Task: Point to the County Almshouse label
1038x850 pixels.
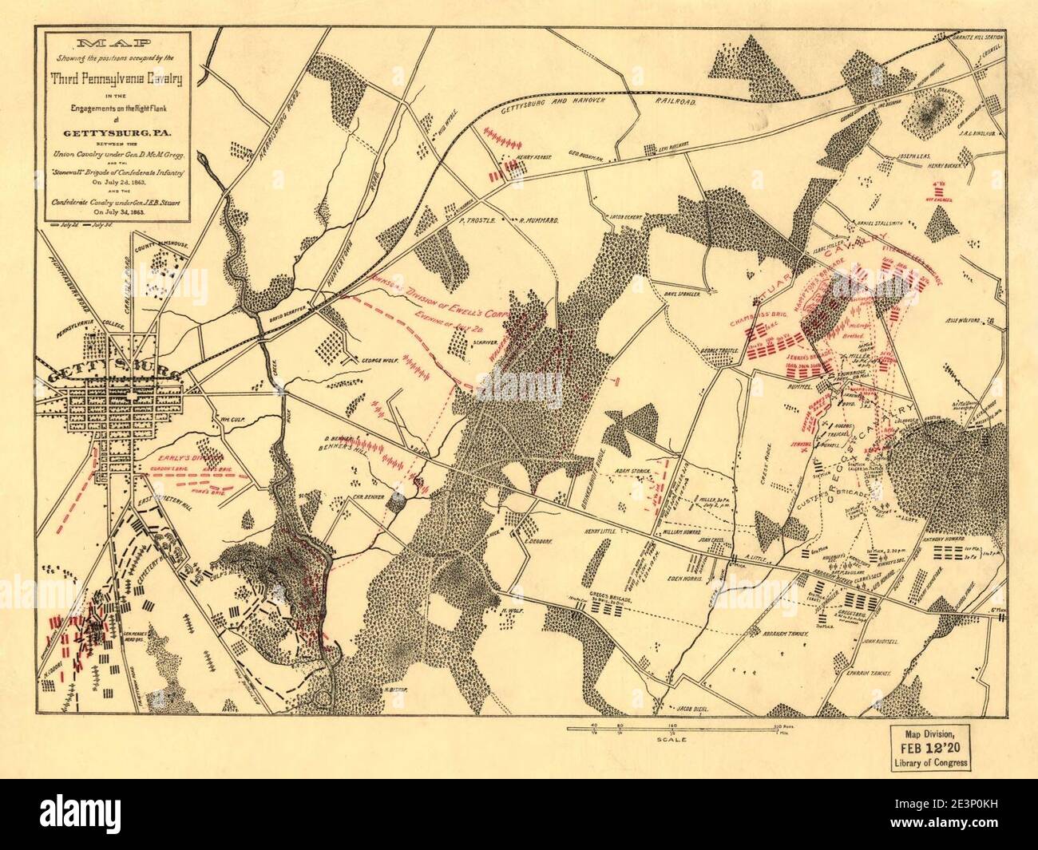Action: click(x=162, y=240)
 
